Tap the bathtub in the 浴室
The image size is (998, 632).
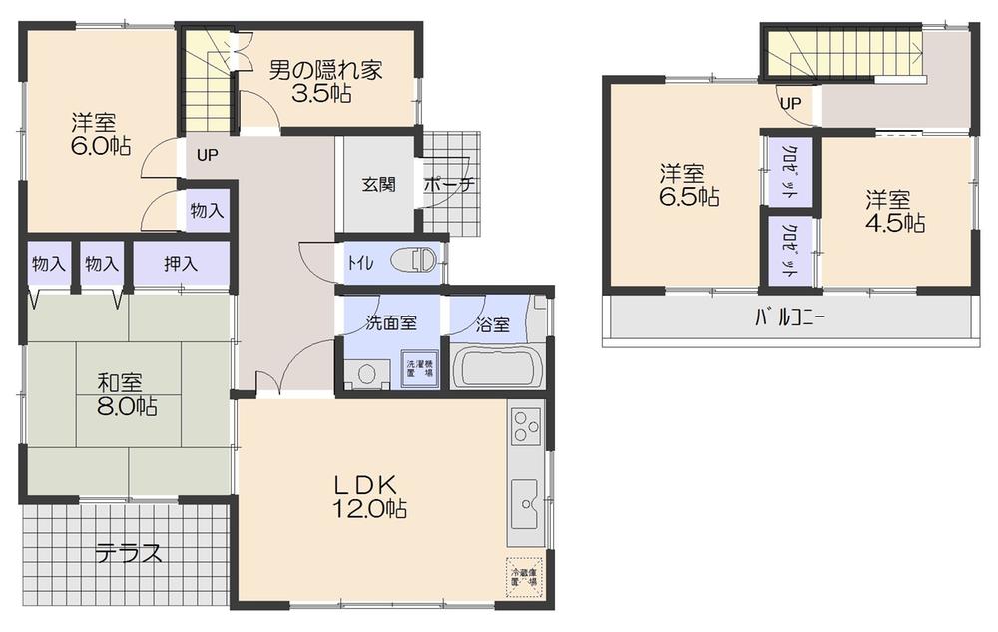pyautogui.click(x=497, y=366)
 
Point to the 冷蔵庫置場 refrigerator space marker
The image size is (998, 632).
pyautogui.click(x=524, y=578)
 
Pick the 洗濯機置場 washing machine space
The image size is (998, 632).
pyautogui.click(x=417, y=367)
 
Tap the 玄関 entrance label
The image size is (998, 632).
pyautogui.click(x=379, y=184)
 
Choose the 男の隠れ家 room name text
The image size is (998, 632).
pyautogui.click(x=325, y=71)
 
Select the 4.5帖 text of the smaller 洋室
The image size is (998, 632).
pyautogui.click(x=895, y=222)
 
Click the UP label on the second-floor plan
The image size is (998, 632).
pyautogui.click(x=790, y=102)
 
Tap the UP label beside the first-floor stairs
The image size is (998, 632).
pyautogui.click(x=207, y=154)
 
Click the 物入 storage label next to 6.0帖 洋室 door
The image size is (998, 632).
pyautogui.click(x=207, y=211)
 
